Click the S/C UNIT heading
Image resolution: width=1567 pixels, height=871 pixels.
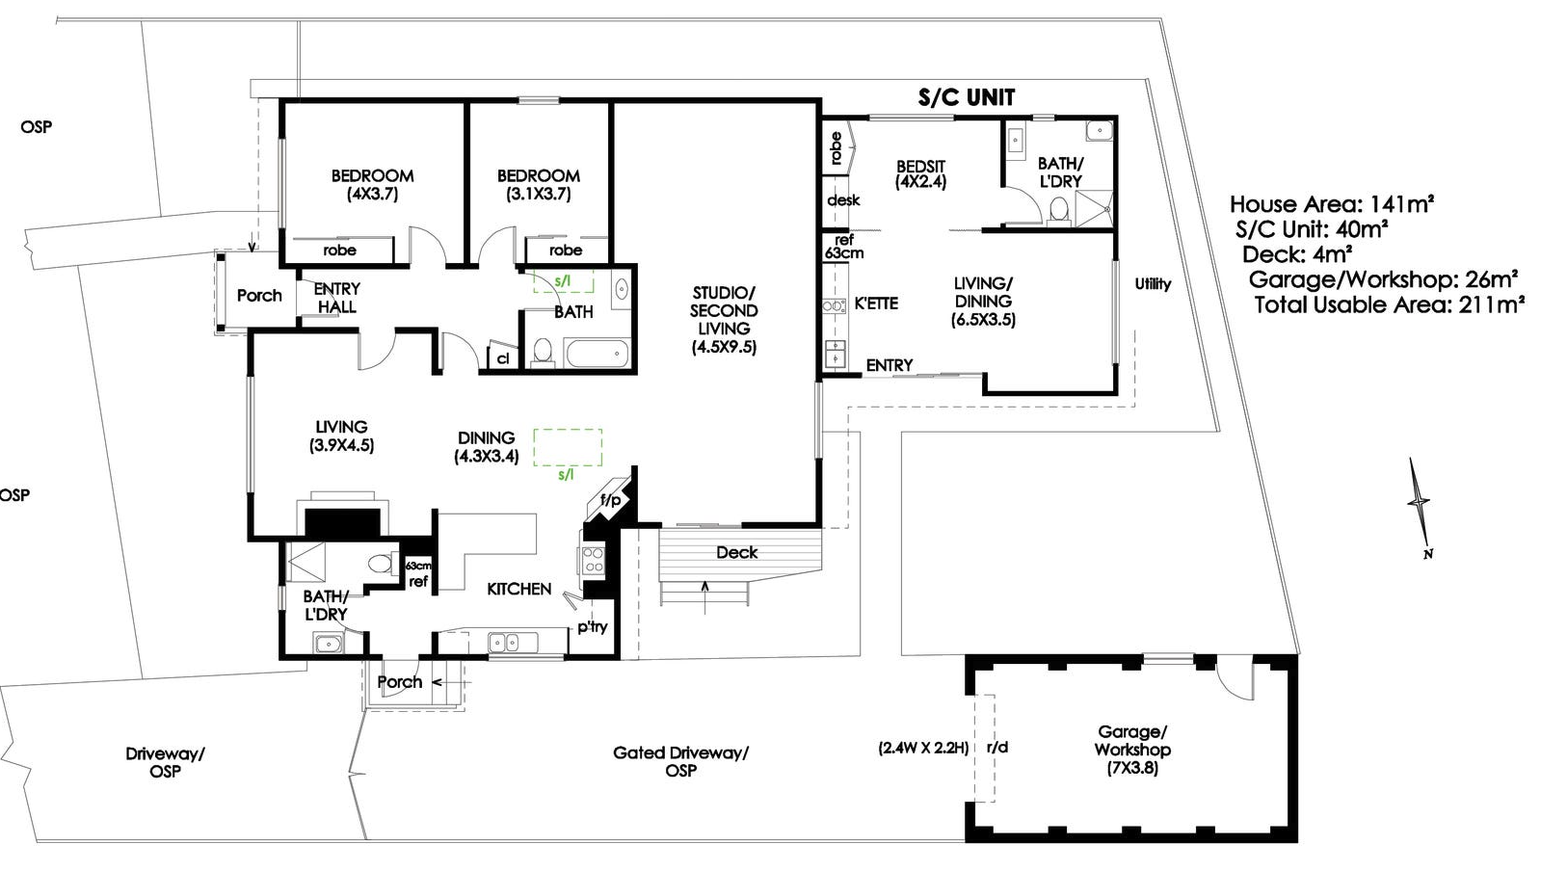(966, 97)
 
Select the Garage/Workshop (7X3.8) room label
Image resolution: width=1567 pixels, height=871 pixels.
(1132, 750)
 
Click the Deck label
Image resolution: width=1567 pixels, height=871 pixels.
(736, 552)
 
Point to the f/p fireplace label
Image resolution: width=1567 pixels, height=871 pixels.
(610, 500)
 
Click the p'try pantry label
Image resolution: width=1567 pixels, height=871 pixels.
(593, 627)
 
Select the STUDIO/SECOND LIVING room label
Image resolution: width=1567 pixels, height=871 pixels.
(724, 319)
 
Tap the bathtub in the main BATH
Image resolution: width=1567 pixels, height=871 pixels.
(598, 352)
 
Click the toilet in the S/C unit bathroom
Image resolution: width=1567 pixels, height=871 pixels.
(1059, 209)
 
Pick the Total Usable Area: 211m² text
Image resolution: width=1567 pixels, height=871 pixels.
(1389, 304)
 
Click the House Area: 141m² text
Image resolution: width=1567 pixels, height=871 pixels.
(1331, 204)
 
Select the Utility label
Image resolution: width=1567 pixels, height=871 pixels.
(1153, 283)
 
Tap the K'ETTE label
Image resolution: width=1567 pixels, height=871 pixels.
(876, 304)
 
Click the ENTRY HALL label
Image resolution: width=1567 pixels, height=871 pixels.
(336, 298)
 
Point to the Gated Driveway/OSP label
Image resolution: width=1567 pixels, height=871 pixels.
(680, 761)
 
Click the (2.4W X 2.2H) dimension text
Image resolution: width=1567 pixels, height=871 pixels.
(922, 747)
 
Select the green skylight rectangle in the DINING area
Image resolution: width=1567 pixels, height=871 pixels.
(568, 448)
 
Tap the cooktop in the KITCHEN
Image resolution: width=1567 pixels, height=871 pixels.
(593, 560)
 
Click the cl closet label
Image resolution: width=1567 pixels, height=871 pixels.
(502, 358)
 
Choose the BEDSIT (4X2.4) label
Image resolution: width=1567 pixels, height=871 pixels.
(920, 173)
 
